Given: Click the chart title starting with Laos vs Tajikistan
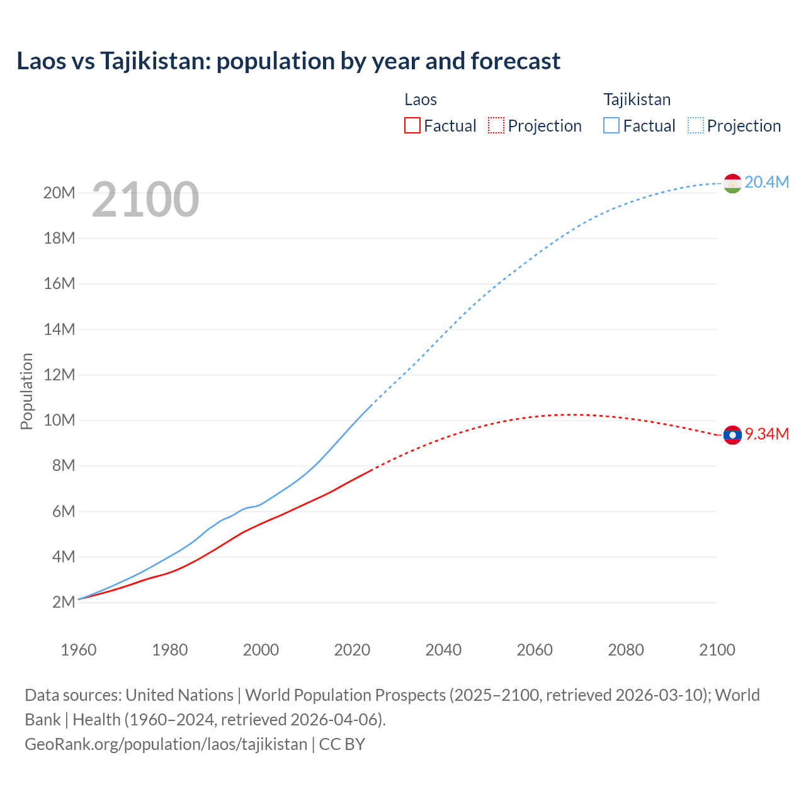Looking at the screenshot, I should pos(288,61).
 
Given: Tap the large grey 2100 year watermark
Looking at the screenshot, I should pos(145,200).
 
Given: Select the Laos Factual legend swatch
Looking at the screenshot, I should pos(412,125).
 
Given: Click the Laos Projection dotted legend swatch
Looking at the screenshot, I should pos(496,125).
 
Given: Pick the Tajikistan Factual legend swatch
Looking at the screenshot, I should pos(611,125).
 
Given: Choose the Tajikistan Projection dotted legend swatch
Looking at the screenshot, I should pos(696,125).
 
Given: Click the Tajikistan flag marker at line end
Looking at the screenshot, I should pos(732,183).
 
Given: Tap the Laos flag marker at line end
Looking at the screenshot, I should pos(732,434).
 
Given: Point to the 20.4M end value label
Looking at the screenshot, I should pos(766,182).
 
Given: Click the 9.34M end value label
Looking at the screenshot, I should pos(767,434).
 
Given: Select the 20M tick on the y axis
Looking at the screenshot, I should pos(59,193).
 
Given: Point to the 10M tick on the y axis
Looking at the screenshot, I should pos(59,420).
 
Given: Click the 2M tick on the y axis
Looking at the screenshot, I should pos(64,602).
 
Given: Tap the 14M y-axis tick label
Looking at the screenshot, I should pos(59,329).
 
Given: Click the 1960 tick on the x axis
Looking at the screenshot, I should pos(79,650).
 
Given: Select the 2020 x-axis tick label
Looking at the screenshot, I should pos(352,650).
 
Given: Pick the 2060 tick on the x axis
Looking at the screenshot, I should pos(535,650).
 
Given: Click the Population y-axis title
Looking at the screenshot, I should pos(26,391).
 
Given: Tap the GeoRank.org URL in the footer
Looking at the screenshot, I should pos(166,744).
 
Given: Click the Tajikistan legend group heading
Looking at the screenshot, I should pos(637,99).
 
